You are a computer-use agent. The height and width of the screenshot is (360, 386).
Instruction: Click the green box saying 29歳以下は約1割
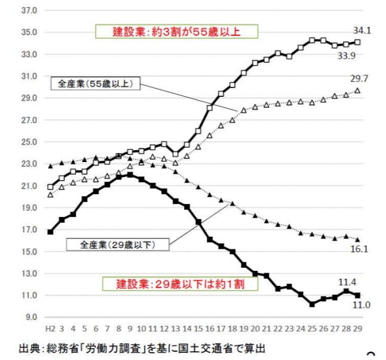pos(180,284)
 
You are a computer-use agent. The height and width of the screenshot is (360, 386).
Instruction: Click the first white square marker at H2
pos(50,187)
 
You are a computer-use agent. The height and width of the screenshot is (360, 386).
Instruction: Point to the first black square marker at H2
pos(50,231)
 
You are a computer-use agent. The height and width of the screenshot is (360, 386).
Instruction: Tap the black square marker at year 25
pos(312,304)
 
